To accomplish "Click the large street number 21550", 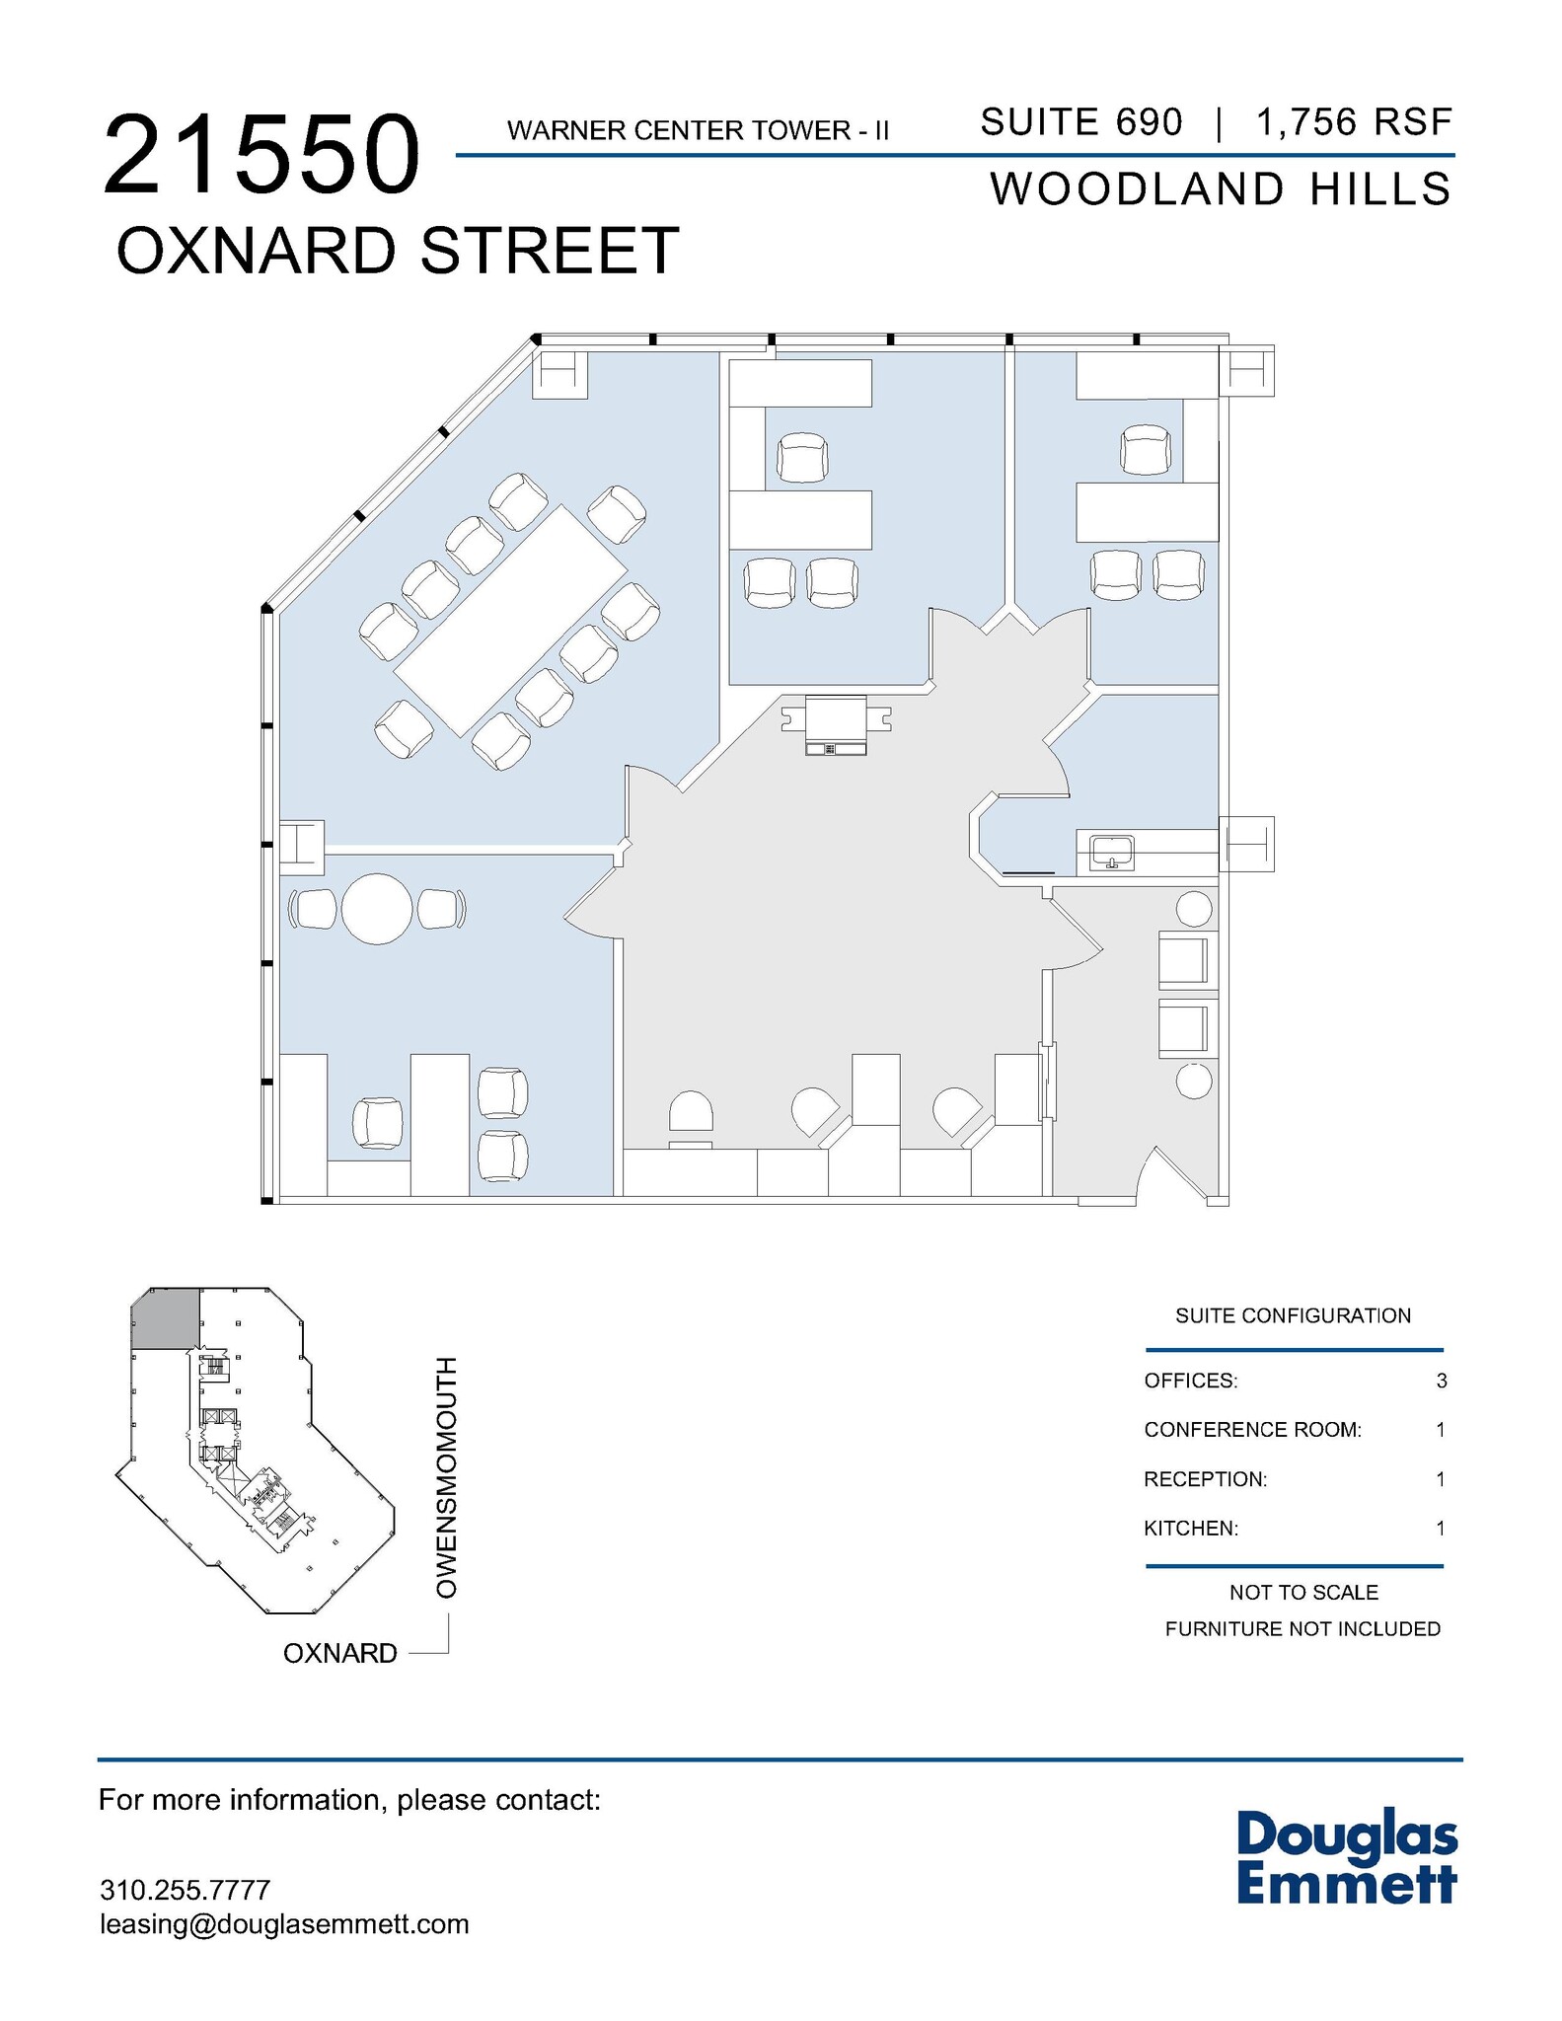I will click(x=262, y=156).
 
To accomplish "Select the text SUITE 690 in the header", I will click(x=1080, y=122).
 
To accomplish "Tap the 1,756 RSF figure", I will click(x=1354, y=122).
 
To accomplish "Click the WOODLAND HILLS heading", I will click(x=1221, y=189).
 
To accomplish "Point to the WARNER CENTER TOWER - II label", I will click(x=698, y=130).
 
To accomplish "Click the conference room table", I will click(x=510, y=621).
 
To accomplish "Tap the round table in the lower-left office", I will click(x=377, y=909).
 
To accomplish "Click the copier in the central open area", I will click(x=836, y=725).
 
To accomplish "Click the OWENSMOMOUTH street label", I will click(x=447, y=1477).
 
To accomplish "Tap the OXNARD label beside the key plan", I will click(x=340, y=1653).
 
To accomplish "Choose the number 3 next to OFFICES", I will click(x=1441, y=1381).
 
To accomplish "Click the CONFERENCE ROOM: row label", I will click(x=1252, y=1430).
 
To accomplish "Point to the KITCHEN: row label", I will click(x=1190, y=1529).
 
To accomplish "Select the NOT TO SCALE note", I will click(x=1303, y=1593).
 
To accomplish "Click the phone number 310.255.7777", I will click(x=185, y=1890).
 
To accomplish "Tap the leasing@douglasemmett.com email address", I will click(x=284, y=1924).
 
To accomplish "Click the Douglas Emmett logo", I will click(x=1347, y=1855).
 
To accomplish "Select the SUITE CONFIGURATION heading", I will click(x=1293, y=1315).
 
